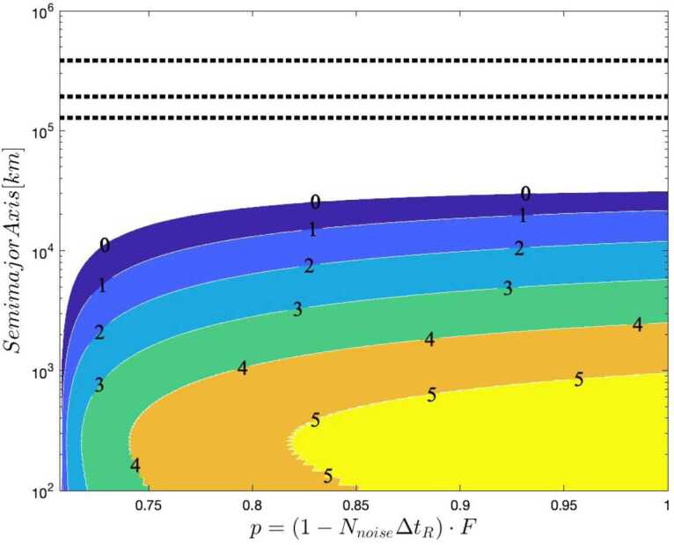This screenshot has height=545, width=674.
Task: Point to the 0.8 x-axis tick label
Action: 253,507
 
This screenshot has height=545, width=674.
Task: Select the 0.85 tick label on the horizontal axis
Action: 355,507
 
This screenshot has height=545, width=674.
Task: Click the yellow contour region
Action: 528,440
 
